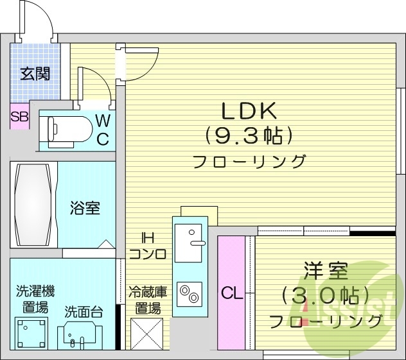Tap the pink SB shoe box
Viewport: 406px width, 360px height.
(19, 117)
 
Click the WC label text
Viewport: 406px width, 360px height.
(103, 128)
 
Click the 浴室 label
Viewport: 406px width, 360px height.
(85, 209)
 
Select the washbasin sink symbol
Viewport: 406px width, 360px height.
(80, 334)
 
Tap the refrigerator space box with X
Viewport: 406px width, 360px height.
(146, 333)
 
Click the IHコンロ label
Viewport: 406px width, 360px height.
(148, 246)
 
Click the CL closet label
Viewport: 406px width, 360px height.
(231, 294)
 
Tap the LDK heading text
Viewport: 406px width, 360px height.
(249, 111)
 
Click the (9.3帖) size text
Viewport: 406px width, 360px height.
(249, 135)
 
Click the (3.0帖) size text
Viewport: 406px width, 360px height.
(326, 296)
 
